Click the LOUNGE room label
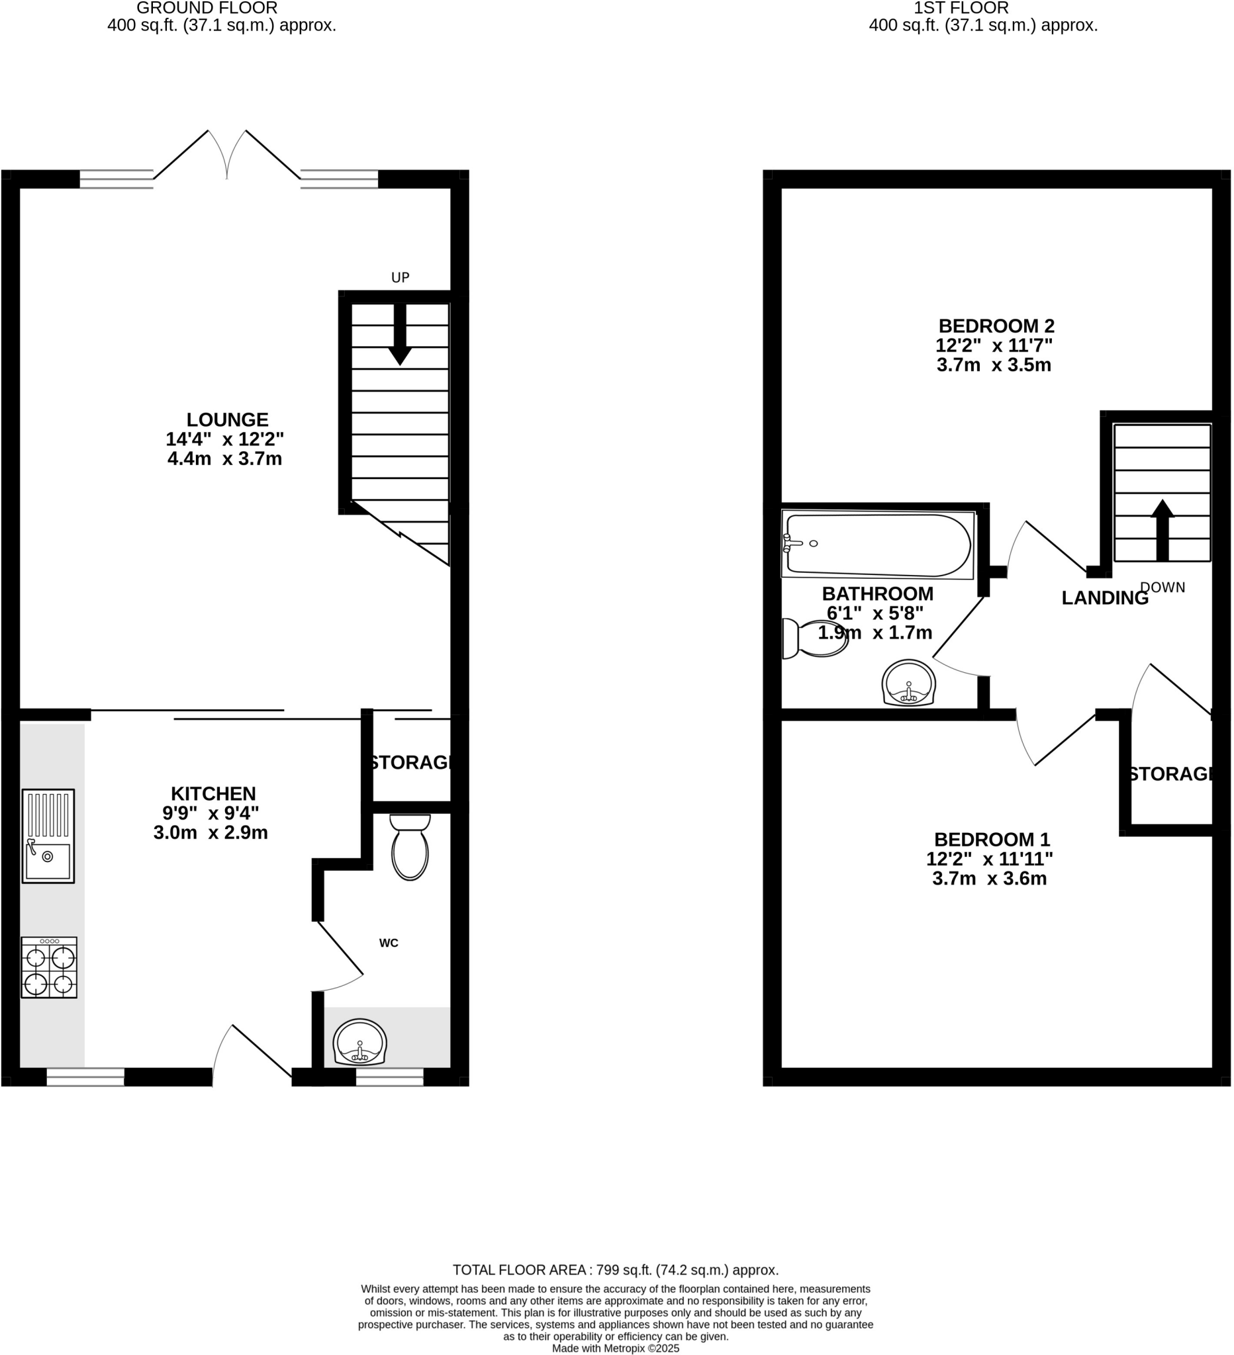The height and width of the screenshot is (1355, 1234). tap(227, 420)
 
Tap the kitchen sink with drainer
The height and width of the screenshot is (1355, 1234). tap(48, 836)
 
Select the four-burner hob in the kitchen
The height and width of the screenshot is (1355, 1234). tap(49, 967)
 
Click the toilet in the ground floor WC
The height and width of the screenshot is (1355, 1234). tap(410, 849)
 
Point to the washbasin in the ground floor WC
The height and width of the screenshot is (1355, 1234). tap(359, 1043)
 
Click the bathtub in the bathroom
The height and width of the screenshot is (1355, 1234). tap(878, 545)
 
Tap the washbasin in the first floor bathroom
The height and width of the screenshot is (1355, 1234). tap(908, 683)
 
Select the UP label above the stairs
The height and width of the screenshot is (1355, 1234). tap(400, 278)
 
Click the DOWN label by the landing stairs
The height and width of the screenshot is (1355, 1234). tap(1163, 588)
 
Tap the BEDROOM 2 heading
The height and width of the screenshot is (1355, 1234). tap(996, 326)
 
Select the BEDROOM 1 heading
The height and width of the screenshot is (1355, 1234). tap(992, 840)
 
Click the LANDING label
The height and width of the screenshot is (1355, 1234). tap(1105, 597)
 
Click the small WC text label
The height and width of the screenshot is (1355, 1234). tap(389, 943)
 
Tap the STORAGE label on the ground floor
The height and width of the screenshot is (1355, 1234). tap(410, 763)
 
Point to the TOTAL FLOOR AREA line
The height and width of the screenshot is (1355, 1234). tap(615, 1270)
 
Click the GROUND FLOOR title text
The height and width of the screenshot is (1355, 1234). tap(207, 8)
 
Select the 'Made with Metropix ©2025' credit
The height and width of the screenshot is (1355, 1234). tap(615, 1348)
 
